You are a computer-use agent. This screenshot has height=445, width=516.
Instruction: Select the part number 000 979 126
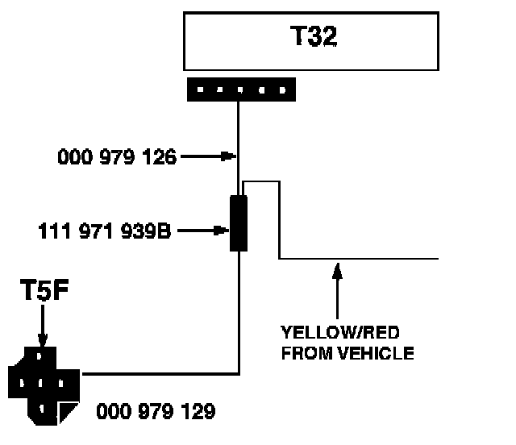[117, 157]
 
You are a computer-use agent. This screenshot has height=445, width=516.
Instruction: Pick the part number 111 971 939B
[105, 231]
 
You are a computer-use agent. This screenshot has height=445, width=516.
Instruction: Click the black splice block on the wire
[239, 223]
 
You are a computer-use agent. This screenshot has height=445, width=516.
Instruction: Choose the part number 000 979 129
[156, 412]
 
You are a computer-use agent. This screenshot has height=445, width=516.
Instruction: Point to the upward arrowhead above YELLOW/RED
[338, 268]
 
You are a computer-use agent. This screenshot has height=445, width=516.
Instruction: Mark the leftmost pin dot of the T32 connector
[199, 89]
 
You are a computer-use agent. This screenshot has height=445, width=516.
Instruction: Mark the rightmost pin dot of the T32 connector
[282, 89]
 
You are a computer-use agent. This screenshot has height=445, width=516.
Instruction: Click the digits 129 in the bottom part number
[199, 412]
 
